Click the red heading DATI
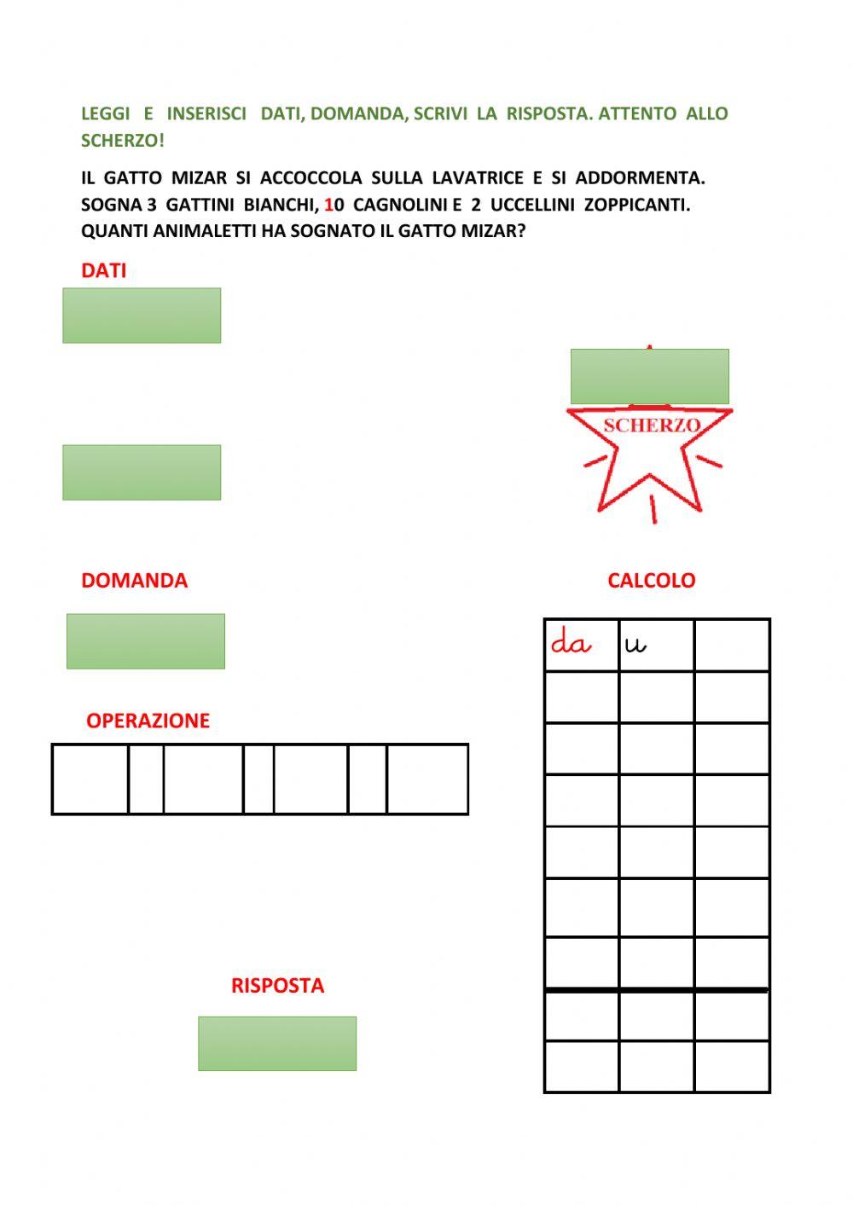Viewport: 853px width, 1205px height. (103, 270)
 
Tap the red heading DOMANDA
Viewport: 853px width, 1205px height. (134, 580)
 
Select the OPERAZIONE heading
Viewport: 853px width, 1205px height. (148, 721)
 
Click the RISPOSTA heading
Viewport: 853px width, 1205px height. (277, 986)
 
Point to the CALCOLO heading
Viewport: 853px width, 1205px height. (651, 580)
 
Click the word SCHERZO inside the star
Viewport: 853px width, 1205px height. (652, 426)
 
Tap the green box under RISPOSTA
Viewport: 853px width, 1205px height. (277, 1043)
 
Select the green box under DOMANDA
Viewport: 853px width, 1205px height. (146, 641)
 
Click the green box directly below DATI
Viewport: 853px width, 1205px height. (142, 316)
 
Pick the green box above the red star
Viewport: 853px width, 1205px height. (649, 376)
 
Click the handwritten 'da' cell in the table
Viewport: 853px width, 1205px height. (581, 645)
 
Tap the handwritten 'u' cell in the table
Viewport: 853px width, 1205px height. (656, 645)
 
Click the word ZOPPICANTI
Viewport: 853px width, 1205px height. (636, 205)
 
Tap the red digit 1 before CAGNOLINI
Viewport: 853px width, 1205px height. (328, 205)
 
